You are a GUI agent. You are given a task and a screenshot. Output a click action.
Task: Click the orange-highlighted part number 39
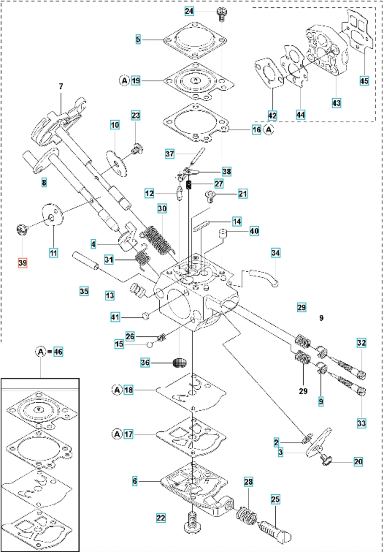[x=22, y=262]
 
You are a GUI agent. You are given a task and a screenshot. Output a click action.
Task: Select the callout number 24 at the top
[x=189, y=11]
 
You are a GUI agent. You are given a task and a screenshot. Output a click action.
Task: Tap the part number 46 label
[x=58, y=352]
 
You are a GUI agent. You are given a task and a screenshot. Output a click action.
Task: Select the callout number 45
[x=364, y=80]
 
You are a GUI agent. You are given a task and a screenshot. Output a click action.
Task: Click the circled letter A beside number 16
[x=269, y=129]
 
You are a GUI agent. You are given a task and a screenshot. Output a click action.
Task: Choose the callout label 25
[x=275, y=499]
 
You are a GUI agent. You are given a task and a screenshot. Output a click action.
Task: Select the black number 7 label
[x=61, y=87]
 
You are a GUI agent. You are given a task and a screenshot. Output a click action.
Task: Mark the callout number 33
[x=361, y=423]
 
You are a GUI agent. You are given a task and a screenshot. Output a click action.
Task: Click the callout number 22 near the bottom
[x=161, y=518]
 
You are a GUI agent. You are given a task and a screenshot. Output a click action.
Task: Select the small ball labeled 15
[x=149, y=344]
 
